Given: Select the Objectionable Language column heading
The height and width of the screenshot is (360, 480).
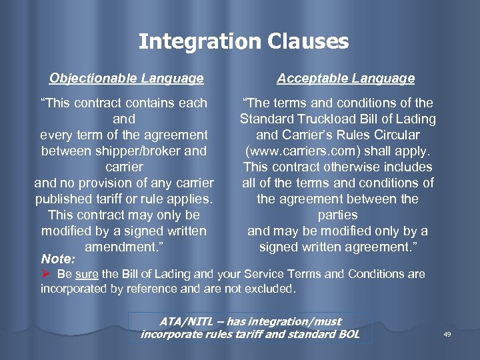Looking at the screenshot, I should pos(127,79).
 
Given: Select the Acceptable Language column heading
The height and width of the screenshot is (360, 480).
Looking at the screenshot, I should pos(345,79).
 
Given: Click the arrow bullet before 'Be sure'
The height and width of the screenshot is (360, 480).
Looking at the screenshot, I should pos(47,274).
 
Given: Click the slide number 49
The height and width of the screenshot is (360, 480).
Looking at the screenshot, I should pos(447,334).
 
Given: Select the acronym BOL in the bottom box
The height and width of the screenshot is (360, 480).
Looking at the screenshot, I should pos(345,333).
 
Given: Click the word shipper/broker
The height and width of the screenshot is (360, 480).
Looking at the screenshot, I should pos(123,151).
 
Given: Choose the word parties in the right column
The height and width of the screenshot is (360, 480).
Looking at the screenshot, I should pos(337,215).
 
